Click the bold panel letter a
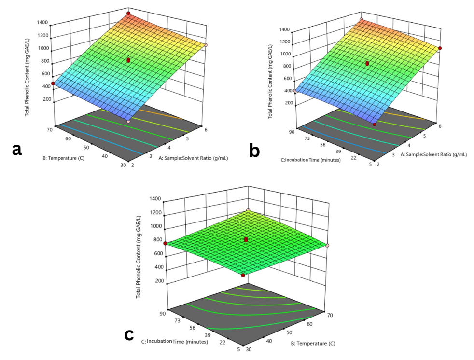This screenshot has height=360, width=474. [17, 150]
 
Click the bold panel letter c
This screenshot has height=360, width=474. [129, 334]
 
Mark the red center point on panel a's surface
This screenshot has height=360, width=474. [128, 60]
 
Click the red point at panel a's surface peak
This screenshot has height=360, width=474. [128, 13]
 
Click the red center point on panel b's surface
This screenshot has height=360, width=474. [367, 63]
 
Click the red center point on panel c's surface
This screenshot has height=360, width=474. [246, 239]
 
